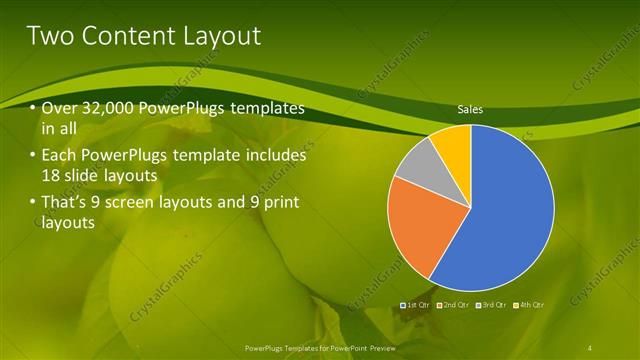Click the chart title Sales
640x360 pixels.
471,110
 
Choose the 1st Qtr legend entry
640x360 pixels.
416,304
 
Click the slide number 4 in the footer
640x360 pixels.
592,347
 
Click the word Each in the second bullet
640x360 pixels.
58,156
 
